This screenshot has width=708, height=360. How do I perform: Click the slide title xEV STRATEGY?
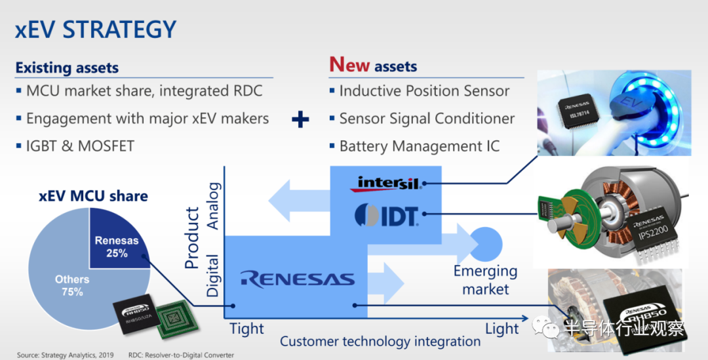[96, 30]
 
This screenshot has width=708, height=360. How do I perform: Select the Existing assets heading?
[67, 68]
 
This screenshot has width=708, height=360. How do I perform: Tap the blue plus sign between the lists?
[300, 119]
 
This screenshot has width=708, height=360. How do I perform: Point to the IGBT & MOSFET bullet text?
[80, 146]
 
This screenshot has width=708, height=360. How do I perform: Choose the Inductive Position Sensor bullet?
[424, 91]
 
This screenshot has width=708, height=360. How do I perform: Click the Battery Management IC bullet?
[419, 146]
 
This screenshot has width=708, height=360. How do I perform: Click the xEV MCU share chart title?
[93, 195]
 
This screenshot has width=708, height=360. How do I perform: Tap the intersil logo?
[387, 182]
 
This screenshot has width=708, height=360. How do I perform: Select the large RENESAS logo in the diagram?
[297, 279]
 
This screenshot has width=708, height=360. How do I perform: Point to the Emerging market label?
[485, 279]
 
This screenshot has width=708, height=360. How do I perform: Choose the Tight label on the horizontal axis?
[246, 329]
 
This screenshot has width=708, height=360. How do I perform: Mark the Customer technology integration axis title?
[380, 342]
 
